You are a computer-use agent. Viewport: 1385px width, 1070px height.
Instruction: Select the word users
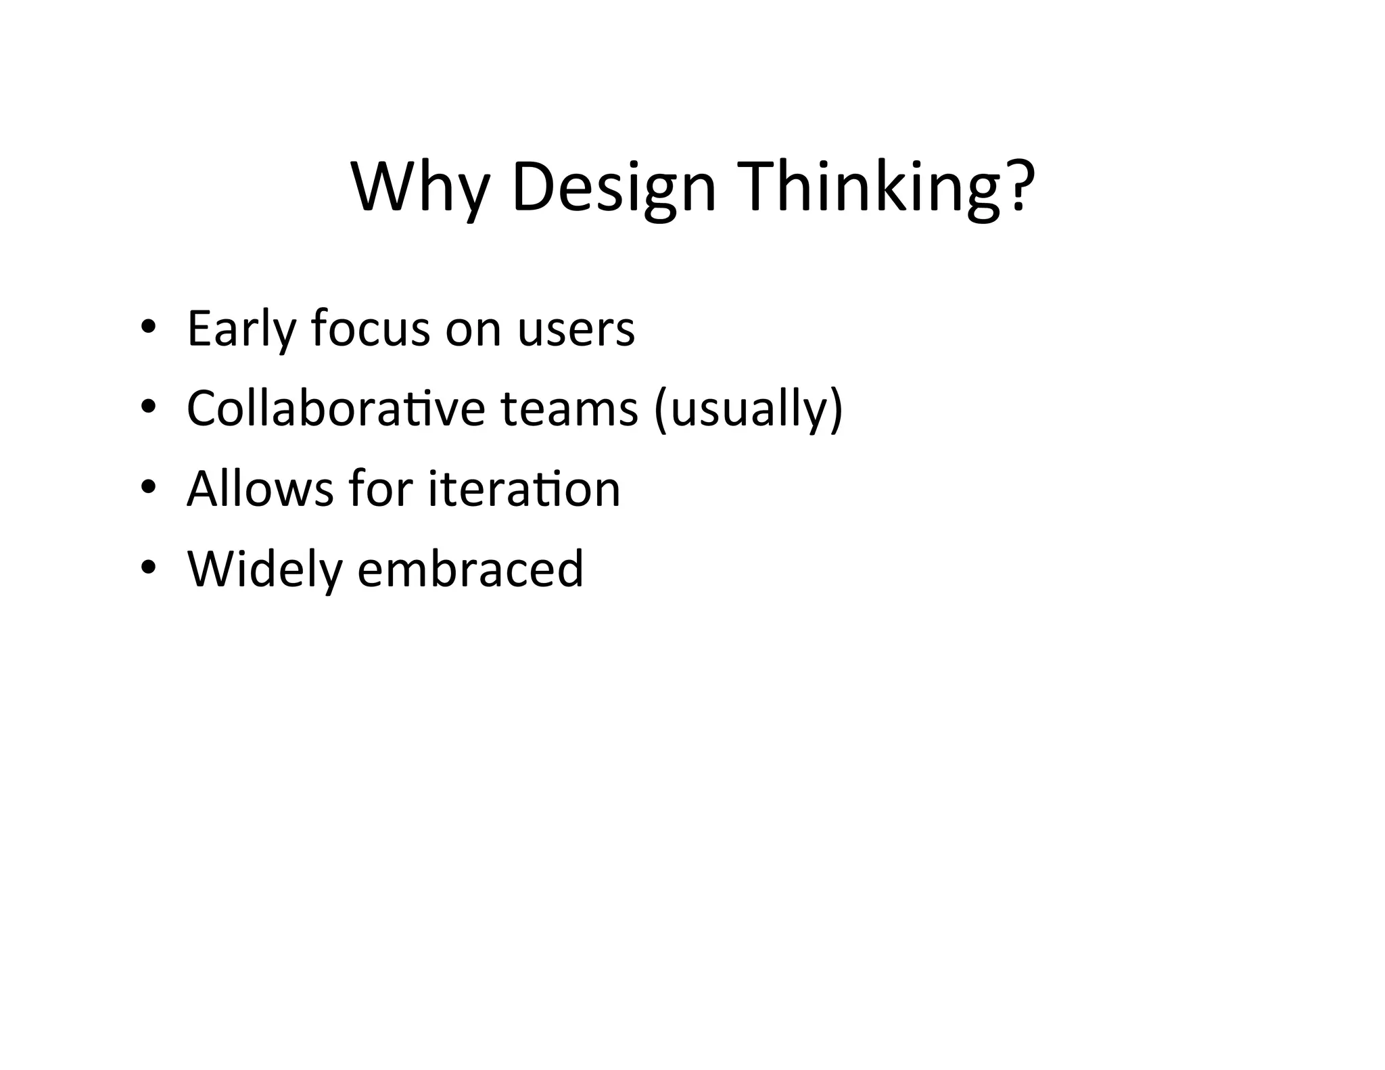point(576,329)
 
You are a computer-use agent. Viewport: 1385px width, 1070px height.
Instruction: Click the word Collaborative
point(335,409)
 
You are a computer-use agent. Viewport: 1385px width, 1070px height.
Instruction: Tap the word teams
point(569,410)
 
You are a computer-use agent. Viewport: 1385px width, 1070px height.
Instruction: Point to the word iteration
point(524,488)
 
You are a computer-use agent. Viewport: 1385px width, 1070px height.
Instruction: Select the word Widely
point(264,569)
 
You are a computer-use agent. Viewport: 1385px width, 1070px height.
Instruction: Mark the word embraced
point(470,569)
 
